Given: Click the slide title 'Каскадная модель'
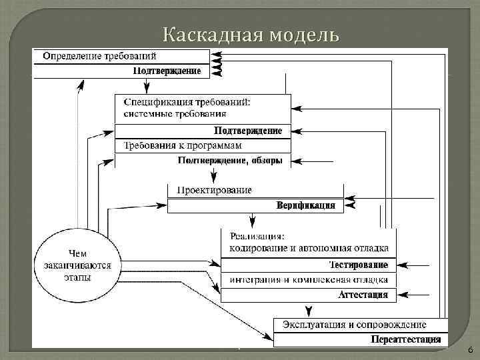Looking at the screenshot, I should tap(251, 34).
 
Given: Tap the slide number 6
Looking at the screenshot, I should tap(469, 350).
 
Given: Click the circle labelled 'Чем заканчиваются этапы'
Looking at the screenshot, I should tap(77, 265).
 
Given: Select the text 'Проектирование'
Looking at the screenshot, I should tap(214, 190).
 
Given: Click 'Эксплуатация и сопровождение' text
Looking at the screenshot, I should tap(354, 325).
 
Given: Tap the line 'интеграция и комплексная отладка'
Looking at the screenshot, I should tap(309, 279).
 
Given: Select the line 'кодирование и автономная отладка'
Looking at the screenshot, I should tap(309, 249).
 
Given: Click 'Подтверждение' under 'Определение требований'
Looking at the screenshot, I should tap(167, 71).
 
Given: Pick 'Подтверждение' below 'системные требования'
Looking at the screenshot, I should tap(247, 131).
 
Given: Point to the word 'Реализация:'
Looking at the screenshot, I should tap(257, 236).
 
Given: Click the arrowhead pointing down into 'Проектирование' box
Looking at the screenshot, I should tap(213, 178).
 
